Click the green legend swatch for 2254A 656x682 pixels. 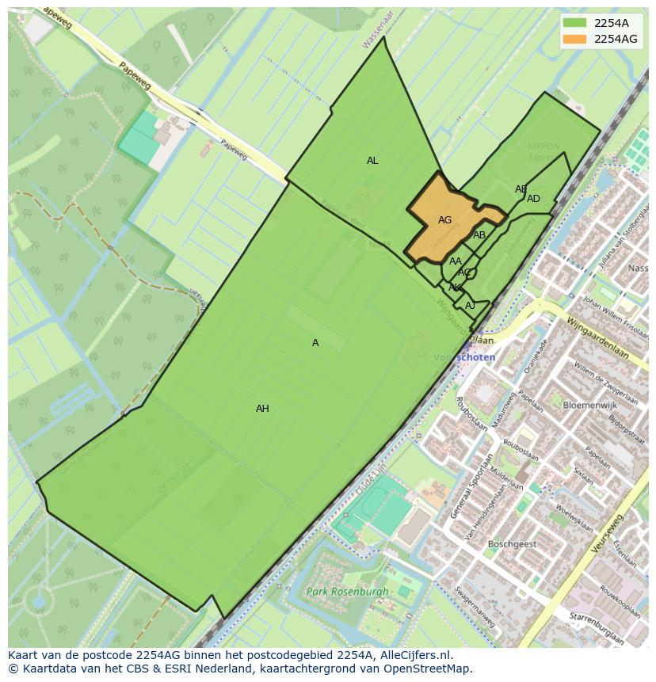point(575,23)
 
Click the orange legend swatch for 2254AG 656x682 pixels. point(575,39)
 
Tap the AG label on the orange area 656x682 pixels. point(444,220)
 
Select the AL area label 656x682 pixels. point(372,161)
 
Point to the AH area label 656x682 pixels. point(262,409)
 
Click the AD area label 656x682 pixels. point(533,199)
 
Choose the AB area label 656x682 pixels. point(479,235)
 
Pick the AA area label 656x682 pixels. point(456,261)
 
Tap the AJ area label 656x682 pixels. point(470,306)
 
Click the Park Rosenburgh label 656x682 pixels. point(348,592)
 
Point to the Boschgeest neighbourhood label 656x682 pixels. point(512,544)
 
